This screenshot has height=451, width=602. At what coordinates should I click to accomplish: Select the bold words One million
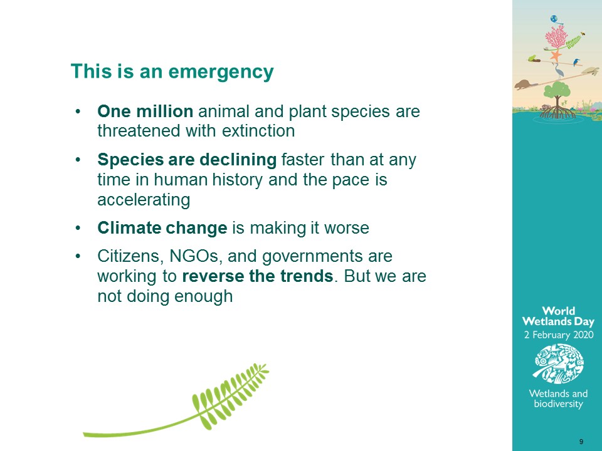point(145,111)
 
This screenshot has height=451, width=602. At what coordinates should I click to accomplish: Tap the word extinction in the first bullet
point(258,131)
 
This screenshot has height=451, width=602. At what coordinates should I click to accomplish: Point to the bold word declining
point(238,160)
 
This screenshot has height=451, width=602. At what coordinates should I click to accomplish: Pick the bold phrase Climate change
point(162,228)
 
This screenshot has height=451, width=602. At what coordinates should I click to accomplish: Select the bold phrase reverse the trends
point(258,276)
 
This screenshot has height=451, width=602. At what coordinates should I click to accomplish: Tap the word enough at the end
point(204,297)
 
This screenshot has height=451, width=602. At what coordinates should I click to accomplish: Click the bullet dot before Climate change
point(78,228)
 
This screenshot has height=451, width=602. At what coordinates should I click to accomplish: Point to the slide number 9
point(581,442)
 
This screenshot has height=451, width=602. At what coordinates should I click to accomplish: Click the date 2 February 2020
point(559,334)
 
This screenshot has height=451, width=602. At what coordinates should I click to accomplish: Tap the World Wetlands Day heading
point(558,316)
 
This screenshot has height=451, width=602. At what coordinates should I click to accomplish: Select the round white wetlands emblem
point(559,363)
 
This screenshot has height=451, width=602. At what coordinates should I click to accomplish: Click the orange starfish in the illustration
point(555,56)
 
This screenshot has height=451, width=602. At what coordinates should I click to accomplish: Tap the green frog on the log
point(532,58)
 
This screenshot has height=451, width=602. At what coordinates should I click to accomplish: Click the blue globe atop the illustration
point(554,19)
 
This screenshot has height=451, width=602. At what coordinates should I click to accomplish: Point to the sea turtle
point(591,71)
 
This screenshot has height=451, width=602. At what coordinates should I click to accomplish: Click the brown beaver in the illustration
point(524,85)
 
